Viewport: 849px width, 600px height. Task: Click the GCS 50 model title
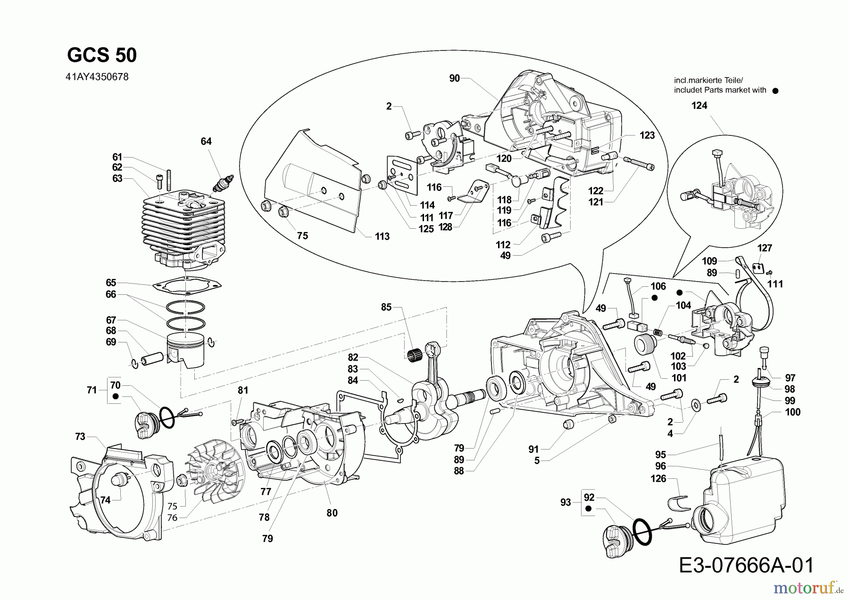click(102, 56)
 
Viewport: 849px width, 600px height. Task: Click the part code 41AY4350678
click(98, 76)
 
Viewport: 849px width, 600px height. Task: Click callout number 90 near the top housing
click(454, 78)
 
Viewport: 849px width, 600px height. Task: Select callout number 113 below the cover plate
click(382, 236)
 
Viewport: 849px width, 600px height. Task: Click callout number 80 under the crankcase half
click(332, 513)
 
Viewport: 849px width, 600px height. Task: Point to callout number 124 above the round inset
click(699, 106)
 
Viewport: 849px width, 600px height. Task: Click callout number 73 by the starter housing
click(80, 437)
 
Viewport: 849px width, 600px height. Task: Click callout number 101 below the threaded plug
click(679, 378)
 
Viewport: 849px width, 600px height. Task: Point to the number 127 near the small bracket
click(765, 248)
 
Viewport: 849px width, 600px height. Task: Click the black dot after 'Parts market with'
click(775, 91)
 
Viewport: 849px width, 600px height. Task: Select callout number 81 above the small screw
click(242, 391)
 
